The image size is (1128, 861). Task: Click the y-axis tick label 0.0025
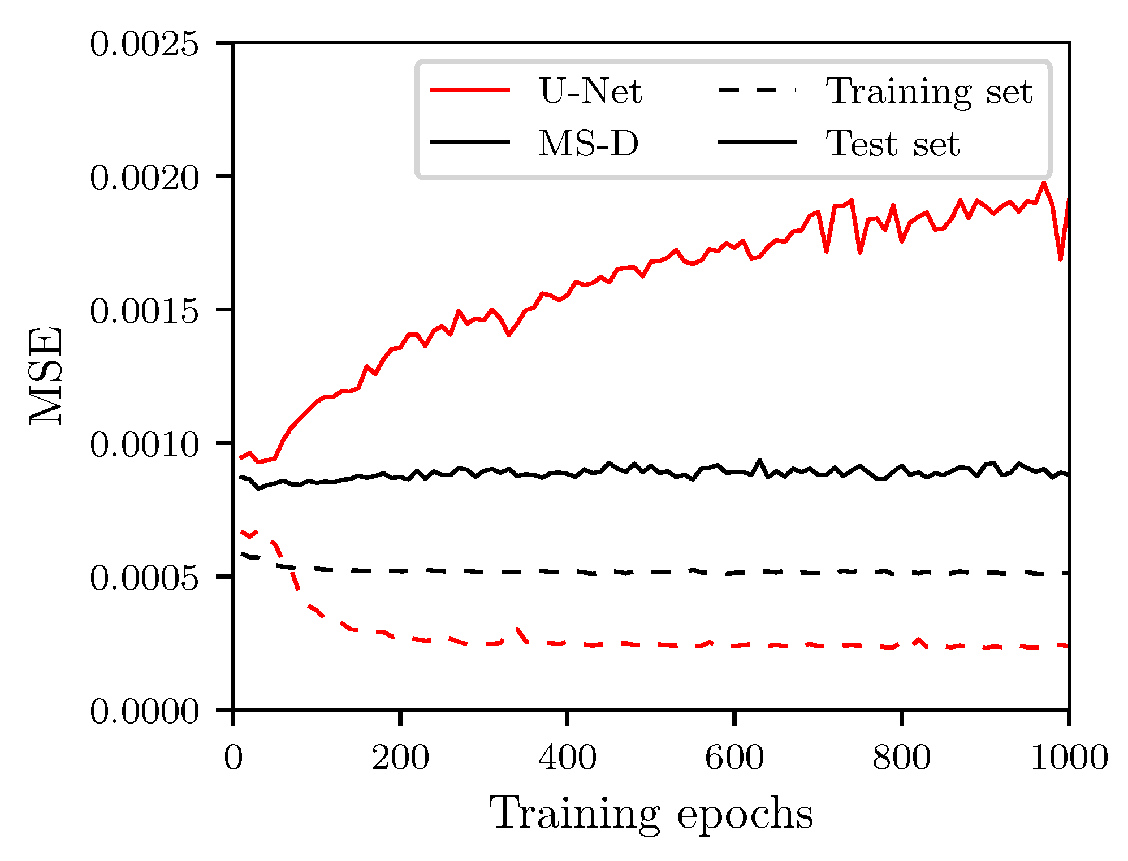point(144,44)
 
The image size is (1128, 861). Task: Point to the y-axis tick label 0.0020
point(144,178)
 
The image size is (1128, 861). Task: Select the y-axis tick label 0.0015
point(144,311)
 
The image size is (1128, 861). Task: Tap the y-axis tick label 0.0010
point(144,444)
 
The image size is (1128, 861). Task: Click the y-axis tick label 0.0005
point(144,578)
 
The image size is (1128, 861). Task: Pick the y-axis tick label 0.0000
point(144,711)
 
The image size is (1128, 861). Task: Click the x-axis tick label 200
point(400,758)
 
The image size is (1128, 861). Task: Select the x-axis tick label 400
point(567,758)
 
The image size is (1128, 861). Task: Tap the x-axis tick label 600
point(734,758)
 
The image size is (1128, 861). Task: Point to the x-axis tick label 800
point(901,758)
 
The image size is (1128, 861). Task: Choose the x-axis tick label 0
point(234,758)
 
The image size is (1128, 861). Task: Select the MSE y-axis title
point(46,375)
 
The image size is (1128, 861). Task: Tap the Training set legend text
point(929,92)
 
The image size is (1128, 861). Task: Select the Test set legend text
point(892,144)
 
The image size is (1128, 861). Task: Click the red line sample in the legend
point(470,90)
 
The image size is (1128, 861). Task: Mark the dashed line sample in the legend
point(757,90)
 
